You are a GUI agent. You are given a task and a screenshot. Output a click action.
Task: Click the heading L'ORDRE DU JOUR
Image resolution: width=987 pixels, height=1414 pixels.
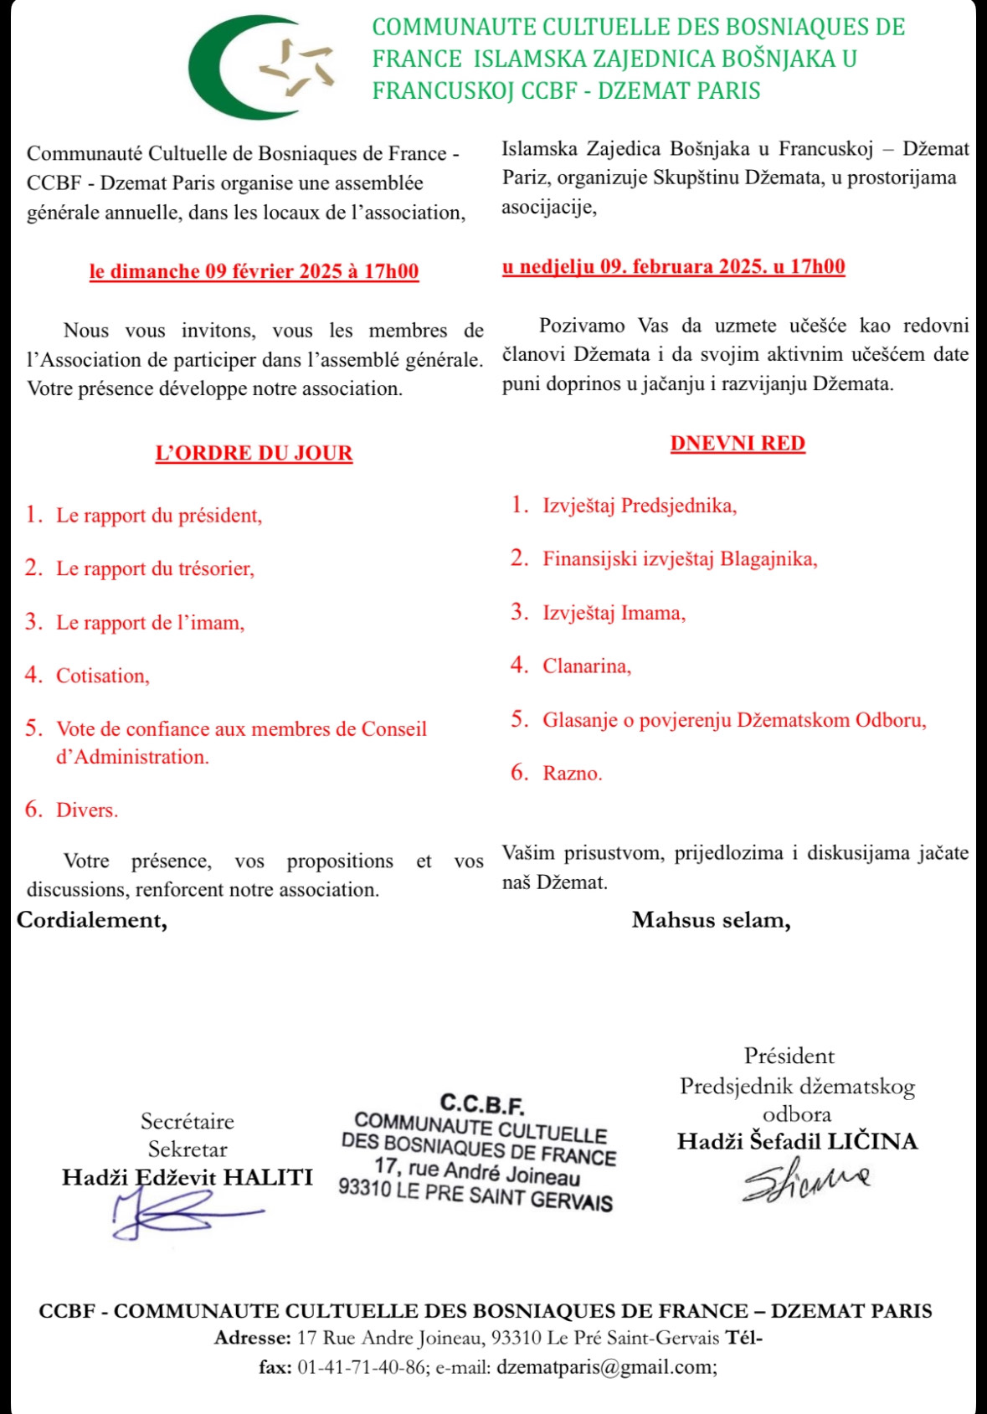point(254,453)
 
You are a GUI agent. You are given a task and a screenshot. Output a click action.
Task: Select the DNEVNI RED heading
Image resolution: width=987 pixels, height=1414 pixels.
point(738,444)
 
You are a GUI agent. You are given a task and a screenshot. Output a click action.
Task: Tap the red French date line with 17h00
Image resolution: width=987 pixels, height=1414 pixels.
point(254,271)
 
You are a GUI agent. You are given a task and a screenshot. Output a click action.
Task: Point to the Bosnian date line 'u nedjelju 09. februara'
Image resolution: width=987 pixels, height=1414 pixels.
point(673,267)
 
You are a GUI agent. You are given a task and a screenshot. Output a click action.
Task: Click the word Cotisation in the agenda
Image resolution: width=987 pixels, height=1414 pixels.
point(102,676)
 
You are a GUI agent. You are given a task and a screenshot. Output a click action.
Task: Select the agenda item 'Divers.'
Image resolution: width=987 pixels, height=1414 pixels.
point(86,810)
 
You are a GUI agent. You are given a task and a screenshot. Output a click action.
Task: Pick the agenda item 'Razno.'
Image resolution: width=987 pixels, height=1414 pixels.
point(572,773)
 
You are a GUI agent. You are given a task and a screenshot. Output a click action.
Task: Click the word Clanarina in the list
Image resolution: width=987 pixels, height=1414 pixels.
point(586,666)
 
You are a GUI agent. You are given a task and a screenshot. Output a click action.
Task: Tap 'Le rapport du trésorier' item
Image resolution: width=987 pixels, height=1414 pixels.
point(155,568)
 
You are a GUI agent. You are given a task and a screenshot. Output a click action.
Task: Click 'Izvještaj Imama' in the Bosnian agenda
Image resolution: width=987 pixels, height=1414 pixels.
point(614,613)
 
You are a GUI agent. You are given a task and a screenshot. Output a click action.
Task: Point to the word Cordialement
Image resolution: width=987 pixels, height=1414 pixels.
point(92,920)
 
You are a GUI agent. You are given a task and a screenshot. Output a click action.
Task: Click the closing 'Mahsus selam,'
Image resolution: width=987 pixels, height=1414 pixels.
point(711,920)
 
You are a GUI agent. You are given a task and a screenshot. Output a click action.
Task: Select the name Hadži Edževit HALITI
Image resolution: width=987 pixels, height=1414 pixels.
point(187,1177)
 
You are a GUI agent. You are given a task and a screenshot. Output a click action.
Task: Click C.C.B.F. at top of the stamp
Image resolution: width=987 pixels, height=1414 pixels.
point(482,1104)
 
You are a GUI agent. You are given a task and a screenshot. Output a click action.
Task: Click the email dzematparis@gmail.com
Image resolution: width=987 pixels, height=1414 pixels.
point(606,1367)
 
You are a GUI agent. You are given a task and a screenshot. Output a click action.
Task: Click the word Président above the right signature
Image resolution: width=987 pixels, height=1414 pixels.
point(789,1056)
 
